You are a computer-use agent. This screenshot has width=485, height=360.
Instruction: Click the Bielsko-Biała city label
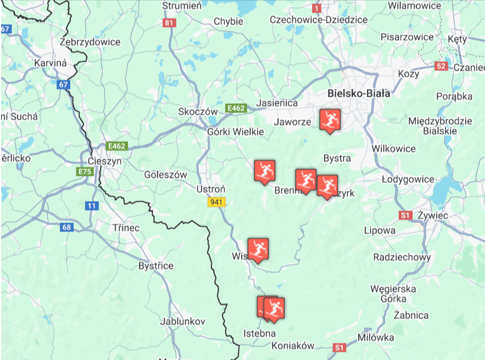(359, 93)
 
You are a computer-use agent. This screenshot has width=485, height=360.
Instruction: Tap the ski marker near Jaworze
(330, 120)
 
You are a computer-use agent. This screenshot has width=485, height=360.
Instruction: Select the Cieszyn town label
(104, 161)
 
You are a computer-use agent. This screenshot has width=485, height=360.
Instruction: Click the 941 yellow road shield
(216, 202)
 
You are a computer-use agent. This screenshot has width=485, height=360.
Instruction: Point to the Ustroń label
(211, 189)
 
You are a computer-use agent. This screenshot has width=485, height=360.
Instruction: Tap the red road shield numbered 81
(169, 23)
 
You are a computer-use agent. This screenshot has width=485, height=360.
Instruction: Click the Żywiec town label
(432, 215)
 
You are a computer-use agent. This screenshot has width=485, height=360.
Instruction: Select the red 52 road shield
(441, 66)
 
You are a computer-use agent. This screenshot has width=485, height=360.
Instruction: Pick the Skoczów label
(198, 111)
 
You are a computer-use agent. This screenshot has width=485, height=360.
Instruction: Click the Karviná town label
(51, 63)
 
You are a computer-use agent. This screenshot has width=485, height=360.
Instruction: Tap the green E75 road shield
(85, 172)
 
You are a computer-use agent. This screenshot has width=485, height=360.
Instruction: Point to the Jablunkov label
(183, 321)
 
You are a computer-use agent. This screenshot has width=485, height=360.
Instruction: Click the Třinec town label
(126, 228)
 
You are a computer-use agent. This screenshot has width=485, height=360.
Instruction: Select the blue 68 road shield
(66, 227)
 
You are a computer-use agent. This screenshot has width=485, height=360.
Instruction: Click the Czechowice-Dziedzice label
(319, 20)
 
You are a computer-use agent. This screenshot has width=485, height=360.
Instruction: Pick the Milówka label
(376, 337)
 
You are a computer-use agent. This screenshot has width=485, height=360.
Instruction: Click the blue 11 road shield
(91, 206)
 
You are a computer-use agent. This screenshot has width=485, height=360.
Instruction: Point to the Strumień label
(182, 5)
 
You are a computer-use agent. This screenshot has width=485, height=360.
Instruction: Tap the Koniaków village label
(293, 346)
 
